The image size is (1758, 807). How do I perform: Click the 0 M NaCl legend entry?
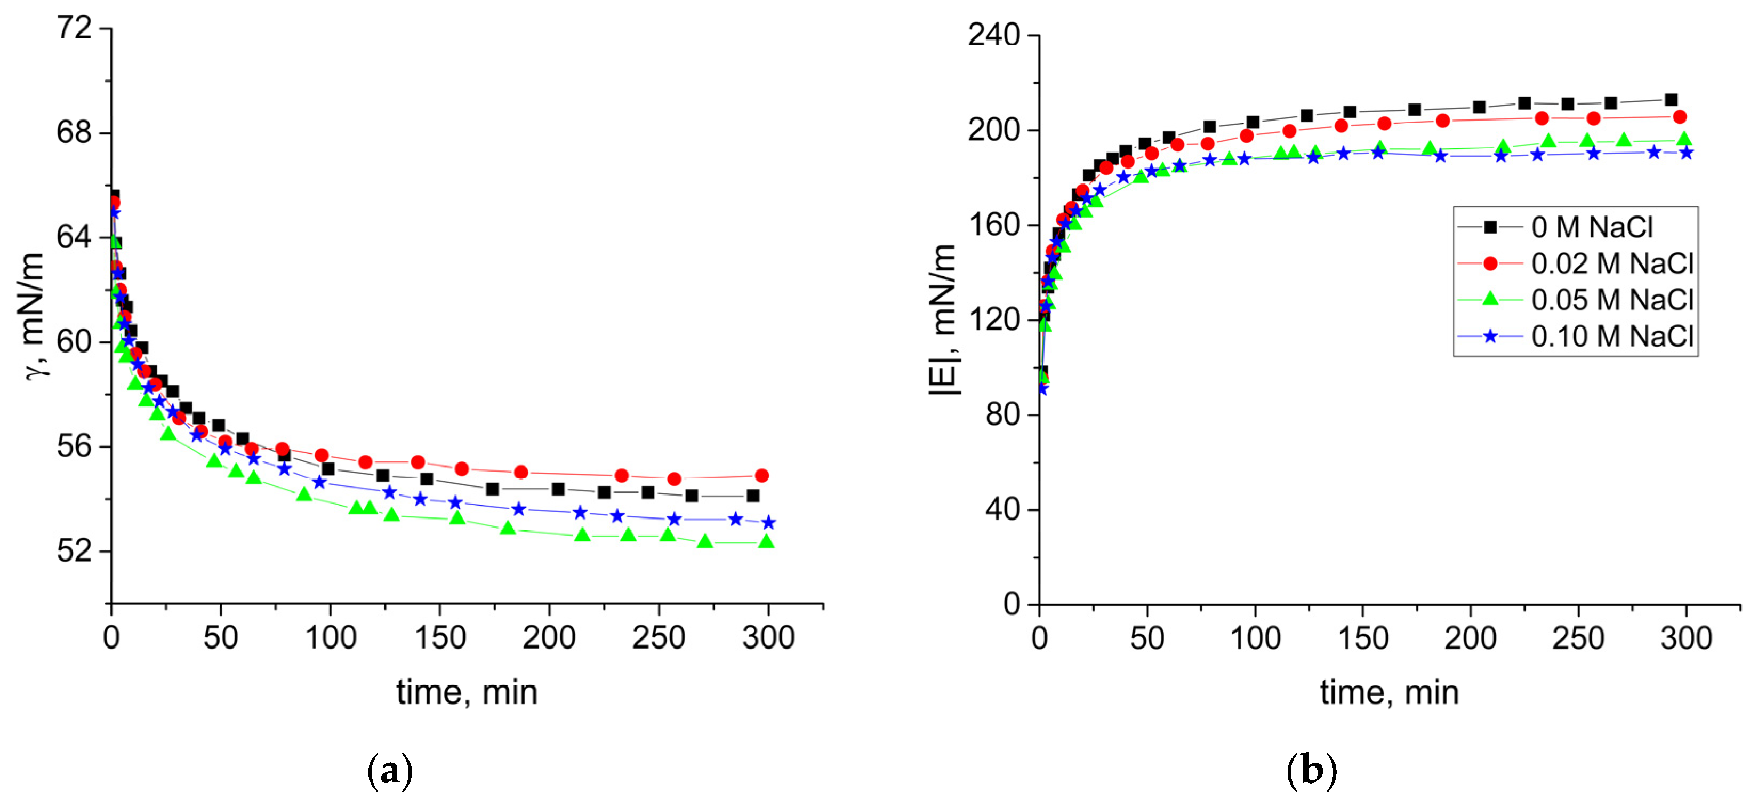(x=1591, y=227)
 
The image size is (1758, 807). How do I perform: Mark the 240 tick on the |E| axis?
(x=993, y=36)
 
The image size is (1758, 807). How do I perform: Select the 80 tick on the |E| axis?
(x=1002, y=414)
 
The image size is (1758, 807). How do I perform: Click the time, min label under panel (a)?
(x=467, y=692)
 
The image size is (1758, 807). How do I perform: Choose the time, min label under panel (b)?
(x=1390, y=692)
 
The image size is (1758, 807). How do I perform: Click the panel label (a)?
(x=390, y=771)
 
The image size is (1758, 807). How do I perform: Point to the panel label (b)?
(x=1311, y=771)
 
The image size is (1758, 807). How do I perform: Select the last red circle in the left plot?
(x=761, y=476)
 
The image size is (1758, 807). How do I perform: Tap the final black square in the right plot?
(x=1671, y=100)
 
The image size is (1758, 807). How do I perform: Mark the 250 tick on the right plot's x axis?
(x=1578, y=638)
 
